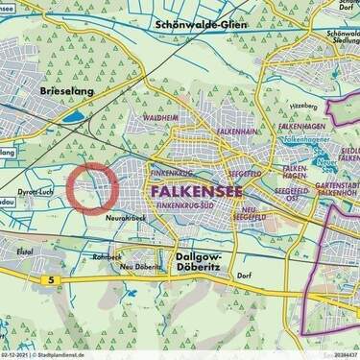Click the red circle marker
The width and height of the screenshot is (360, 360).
93,187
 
